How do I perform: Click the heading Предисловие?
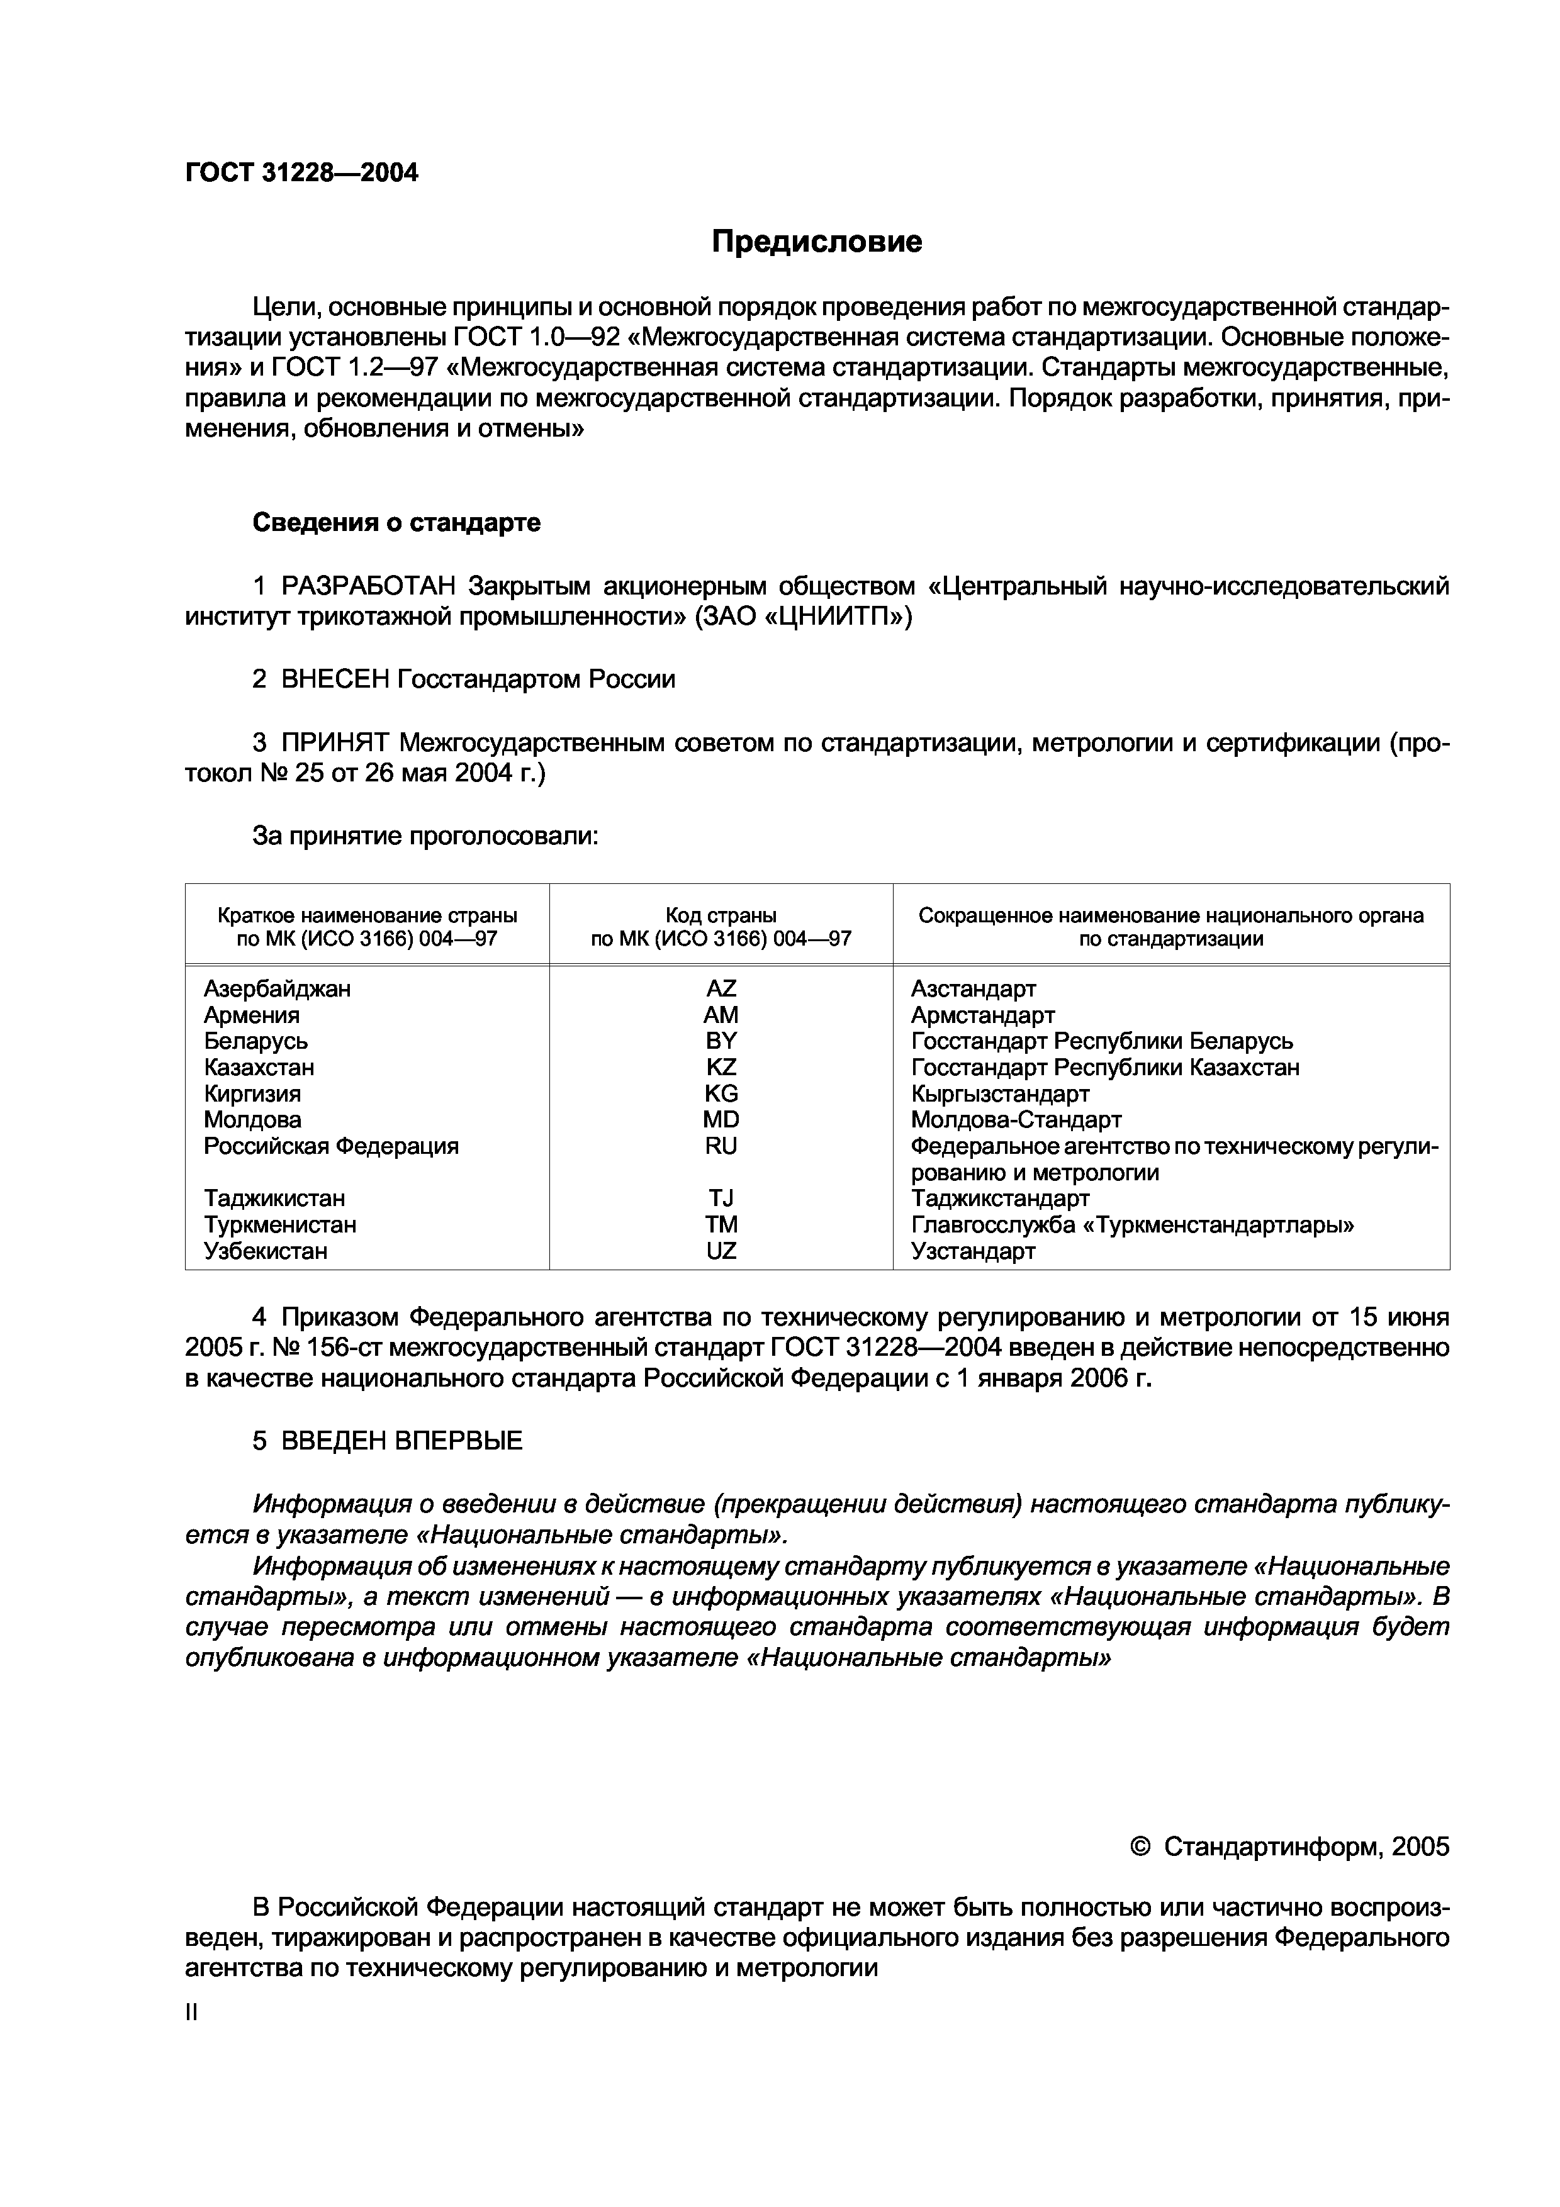click(816, 241)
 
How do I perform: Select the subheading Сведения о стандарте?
click(396, 522)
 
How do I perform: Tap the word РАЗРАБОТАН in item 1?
click(369, 585)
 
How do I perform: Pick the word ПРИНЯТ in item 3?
click(335, 743)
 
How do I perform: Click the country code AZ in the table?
click(721, 988)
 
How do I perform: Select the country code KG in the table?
click(721, 1094)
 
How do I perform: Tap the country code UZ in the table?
click(721, 1251)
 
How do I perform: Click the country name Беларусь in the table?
click(255, 1041)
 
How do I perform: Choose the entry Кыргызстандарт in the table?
click(1000, 1094)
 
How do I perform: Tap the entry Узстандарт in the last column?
click(973, 1251)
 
